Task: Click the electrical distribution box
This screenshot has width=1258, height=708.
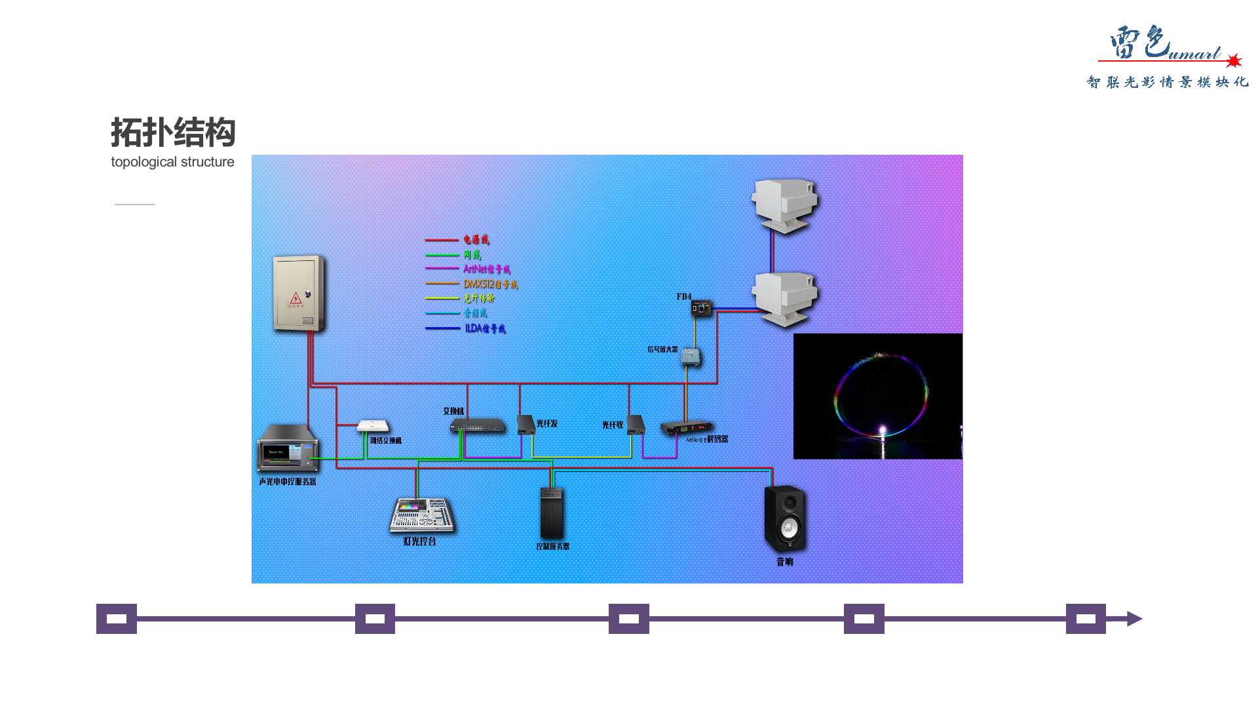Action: coord(299,293)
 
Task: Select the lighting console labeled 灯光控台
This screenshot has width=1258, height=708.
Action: coord(421,515)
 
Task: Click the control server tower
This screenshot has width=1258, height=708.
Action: coord(551,513)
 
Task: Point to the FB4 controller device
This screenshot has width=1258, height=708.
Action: coord(701,307)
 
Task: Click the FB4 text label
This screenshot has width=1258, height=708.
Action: coord(683,297)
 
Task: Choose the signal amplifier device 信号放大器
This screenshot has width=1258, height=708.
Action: coord(690,356)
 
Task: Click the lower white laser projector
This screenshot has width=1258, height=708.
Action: coord(784,297)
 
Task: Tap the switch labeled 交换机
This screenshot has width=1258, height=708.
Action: coord(477,426)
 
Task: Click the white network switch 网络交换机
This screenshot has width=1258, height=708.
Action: coord(373,426)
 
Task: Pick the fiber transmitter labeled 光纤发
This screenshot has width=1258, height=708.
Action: coord(525,424)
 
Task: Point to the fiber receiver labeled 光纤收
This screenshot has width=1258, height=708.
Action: coord(635,425)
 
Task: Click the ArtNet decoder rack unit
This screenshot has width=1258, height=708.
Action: coord(686,427)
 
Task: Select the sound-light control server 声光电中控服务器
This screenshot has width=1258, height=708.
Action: coord(288,448)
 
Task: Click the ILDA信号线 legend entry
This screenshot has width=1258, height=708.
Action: coord(485,328)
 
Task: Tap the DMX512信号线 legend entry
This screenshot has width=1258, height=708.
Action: coord(490,284)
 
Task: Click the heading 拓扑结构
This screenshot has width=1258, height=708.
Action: coord(173,132)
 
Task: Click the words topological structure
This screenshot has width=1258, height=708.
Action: coord(172,162)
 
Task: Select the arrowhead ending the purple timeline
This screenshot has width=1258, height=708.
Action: coord(1134,619)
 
